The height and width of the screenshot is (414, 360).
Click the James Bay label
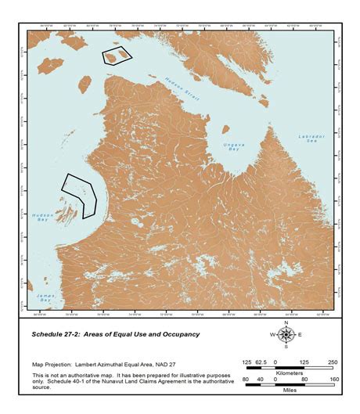tap(45, 299)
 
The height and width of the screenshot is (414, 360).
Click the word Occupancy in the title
tap(176, 334)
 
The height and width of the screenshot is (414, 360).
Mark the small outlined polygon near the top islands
tap(117, 56)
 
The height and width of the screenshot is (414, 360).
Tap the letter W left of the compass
tap(273, 335)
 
